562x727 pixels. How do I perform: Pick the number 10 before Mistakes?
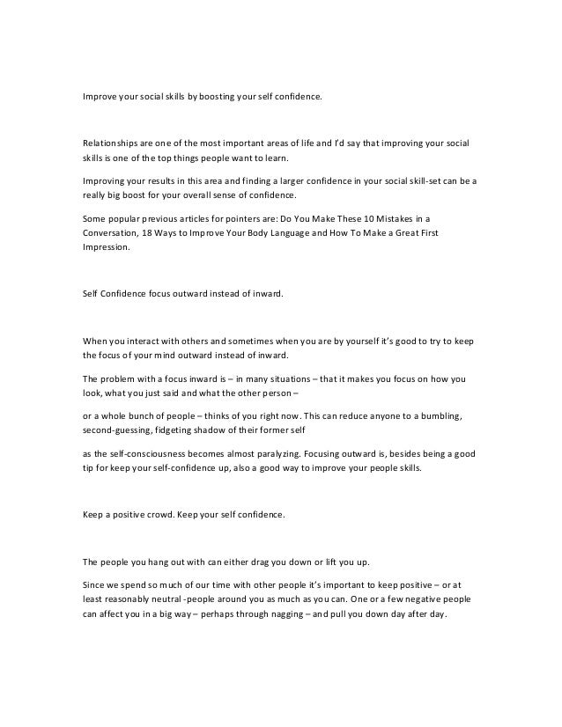[x=366, y=217]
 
